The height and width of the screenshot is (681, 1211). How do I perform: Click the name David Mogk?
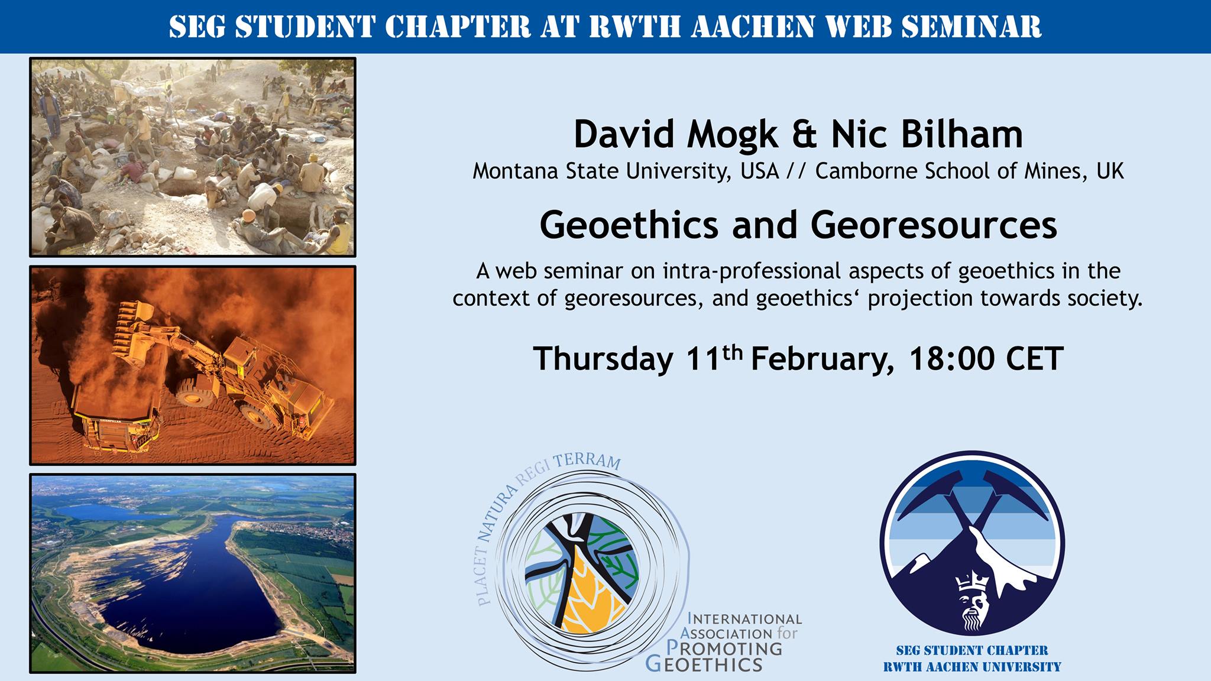[676, 135]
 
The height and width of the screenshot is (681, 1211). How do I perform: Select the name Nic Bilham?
[927, 135]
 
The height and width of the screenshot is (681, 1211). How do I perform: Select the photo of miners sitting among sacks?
[193, 157]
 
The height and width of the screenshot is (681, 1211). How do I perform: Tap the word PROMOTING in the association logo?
[724, 648]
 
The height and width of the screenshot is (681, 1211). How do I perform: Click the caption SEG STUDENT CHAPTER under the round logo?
[972, 651]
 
